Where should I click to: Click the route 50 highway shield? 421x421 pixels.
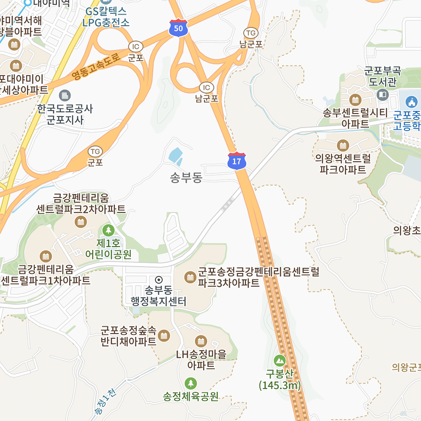(178, 28)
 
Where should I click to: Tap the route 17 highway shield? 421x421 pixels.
(237, 161)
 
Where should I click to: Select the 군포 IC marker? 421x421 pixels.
(136, 47)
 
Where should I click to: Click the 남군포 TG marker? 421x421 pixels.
(251, 33)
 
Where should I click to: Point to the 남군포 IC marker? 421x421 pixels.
(206, 88)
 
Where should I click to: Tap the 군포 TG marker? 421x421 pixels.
(95, 152)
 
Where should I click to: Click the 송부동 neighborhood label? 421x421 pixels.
(186, 177)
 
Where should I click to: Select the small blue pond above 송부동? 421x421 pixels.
(175, 156)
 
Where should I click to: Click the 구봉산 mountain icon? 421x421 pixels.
(280, 361)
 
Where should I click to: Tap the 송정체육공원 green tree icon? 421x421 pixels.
(191, 383)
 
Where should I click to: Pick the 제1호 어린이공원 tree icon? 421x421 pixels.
(108, 230)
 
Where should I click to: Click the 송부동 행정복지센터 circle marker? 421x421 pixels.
(159, 280)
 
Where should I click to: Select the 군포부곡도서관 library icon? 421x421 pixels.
(383, 95)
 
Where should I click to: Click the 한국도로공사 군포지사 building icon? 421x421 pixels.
(65, 96)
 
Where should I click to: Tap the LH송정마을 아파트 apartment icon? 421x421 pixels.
(201, 341)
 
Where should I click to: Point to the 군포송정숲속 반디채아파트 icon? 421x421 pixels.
(164, 335)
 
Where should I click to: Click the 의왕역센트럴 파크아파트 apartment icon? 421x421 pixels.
(343, 145)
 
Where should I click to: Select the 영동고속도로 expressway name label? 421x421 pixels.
(96, 66)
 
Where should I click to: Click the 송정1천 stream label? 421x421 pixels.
(105, 401)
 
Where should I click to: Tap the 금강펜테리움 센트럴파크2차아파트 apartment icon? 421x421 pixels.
(81, 222)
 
